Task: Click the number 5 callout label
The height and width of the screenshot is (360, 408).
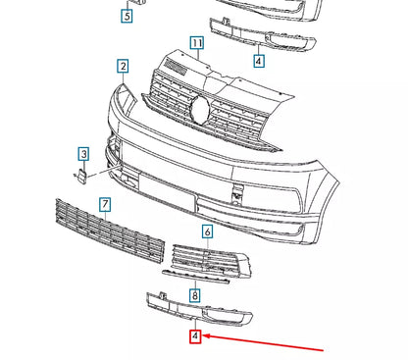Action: click(x=127, y=16)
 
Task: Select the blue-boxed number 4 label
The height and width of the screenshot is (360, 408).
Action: click(x=258, y=61)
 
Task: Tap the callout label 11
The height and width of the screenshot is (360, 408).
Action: click(x=196, y=44)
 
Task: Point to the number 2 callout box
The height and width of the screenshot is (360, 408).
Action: click(x=124, y=67)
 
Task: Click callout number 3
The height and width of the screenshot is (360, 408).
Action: click(x=84, y=154)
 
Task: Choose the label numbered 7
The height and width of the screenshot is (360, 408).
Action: click(x=104, y=204)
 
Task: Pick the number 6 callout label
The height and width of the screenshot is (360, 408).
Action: click(x=207, y=231)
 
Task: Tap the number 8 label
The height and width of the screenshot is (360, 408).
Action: click(x=195, y=294)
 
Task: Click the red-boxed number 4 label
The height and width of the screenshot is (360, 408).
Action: click(x=195, y=336)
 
